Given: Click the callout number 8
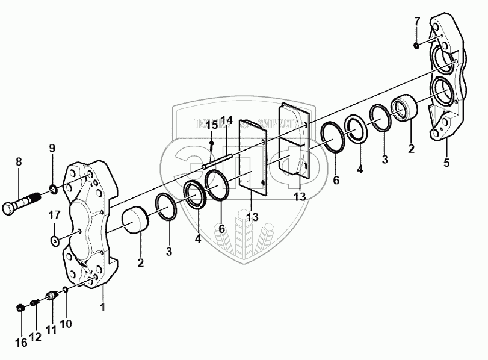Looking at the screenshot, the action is [x=19, y=161].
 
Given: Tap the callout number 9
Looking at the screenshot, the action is [x=52, y=149].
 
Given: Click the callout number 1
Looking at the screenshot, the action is [x=103, y=308].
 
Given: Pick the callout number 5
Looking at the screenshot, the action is [x=446, y=162].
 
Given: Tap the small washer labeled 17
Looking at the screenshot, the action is [x=55, y=240].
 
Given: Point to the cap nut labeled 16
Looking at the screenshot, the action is [x=19, y=308].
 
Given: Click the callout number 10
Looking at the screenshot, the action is [x=66, y=324].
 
